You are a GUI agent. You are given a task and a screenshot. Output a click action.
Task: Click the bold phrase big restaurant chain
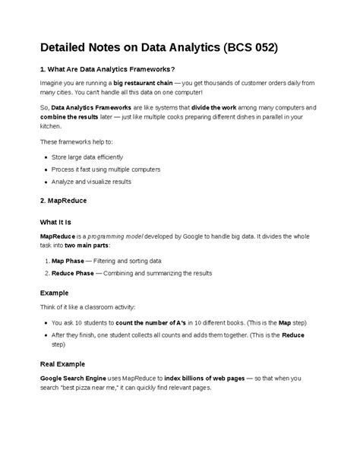point(144,82)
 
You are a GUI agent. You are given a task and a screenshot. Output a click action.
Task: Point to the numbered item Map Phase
point(68,260)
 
